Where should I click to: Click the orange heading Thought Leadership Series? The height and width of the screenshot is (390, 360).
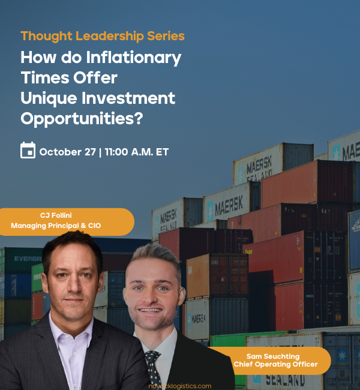103,36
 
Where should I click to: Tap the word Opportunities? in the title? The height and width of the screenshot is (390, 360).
82,119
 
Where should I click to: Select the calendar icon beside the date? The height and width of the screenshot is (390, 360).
28,151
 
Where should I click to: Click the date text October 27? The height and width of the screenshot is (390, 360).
67,151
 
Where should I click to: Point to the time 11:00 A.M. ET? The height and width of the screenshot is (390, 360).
137,151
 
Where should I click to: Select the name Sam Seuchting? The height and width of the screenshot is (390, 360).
272,356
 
